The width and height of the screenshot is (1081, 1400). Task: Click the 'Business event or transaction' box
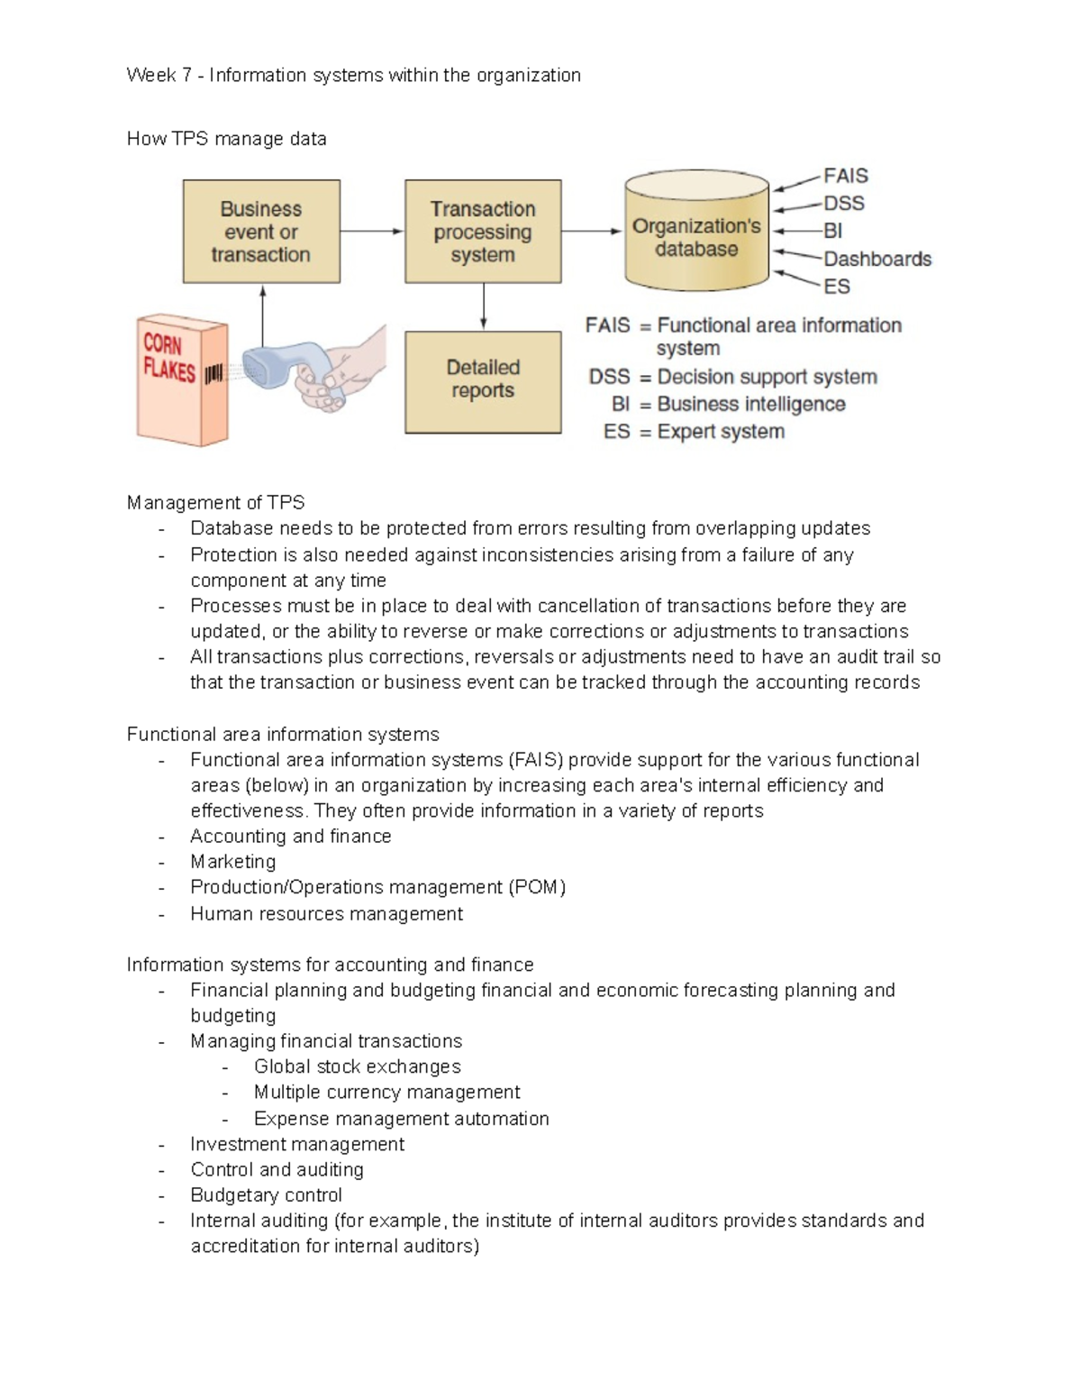tap(261, 232)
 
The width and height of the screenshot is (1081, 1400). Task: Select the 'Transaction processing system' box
tap(483, 232)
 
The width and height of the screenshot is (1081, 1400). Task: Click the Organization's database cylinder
tap(696, 236)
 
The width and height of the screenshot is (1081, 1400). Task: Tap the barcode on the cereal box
tap(213, 373)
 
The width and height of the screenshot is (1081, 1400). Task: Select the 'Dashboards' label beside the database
tap(877, 260)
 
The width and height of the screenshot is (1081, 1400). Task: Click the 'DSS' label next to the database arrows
tap(844, 204)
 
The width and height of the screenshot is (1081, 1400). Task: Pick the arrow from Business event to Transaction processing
tap(372, 232)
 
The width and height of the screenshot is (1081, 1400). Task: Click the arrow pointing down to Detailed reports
tap(484, 307)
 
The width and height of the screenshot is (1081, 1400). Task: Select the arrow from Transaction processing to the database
tap(592, 232)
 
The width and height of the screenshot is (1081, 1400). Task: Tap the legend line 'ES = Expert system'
tap(694, 432)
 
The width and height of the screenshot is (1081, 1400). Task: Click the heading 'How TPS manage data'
tap(226, 139)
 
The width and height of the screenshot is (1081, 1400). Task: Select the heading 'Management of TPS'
tap(215, 503)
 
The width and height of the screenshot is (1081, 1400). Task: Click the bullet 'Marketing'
tap(232, 862)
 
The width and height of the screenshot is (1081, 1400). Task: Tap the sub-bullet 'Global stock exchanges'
tap(357, 1066)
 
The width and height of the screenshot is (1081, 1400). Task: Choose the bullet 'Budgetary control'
tap(266, 1195)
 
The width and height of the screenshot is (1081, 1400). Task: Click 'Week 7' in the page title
tap(159, 75)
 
